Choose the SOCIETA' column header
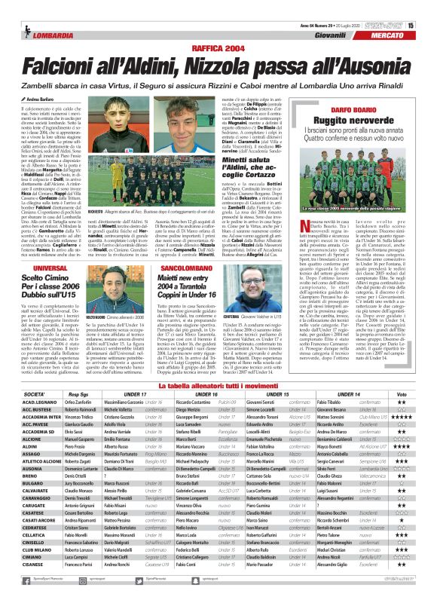point(34,394)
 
